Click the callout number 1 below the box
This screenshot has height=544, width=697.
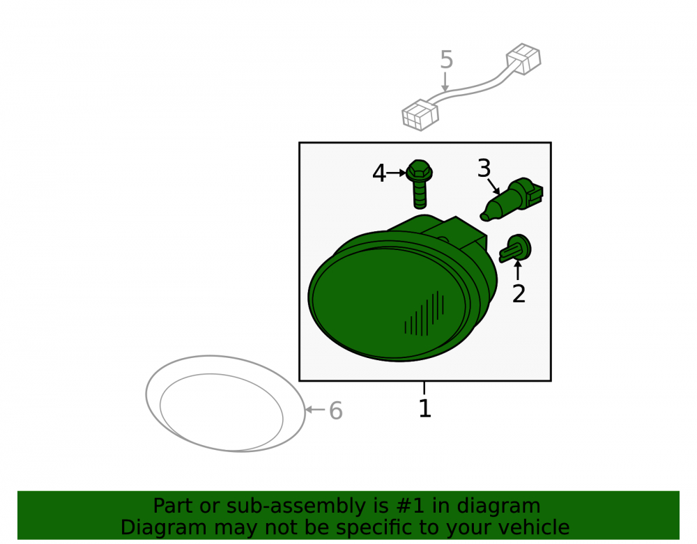pyautogui.click(x=425, y=408)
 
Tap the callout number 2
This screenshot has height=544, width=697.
pyautogui.click(x=519, y=293)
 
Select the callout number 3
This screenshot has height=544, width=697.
pyautogui.click(x=484, y=169)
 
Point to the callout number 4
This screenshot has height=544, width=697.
pyautogui.click(x=379, y=173)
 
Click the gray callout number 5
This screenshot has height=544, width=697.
pyautogui.click(x=446, y=60)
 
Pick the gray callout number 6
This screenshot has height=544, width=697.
pyautogui.click(x=336, y=410)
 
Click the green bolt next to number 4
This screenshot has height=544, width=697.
pyautogui.click(x=419, y=184)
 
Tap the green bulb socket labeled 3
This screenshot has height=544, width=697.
pyautogui.click(x=512, y=199)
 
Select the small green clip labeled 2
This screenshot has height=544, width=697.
pyautogui.click(x=515, y=249)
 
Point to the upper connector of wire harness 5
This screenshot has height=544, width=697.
pyautogui.click(x=523, y=59)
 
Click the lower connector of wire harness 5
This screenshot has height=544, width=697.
pyautogui.click(x=420, y=115)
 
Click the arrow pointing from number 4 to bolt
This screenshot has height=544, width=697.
pyautogui.click(x=397, y=173)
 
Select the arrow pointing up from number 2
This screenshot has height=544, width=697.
pyautogui.click(x=518, y=270)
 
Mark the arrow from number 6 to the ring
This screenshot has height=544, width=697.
pyautogui.click(x=316, y=410)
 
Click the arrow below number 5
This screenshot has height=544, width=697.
pyautogui.click(x=445, y=82)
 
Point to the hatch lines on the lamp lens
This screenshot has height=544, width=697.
pyautogui.click(x=424, y=313)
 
